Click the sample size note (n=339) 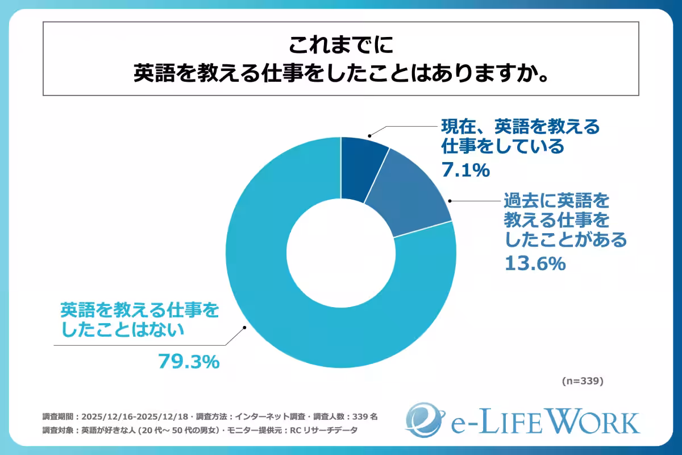coord(582,380)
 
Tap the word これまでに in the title coord(340,44)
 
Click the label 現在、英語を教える coord(521,126)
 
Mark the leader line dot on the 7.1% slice coord(369,136)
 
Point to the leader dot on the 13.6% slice coord(450,201)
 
